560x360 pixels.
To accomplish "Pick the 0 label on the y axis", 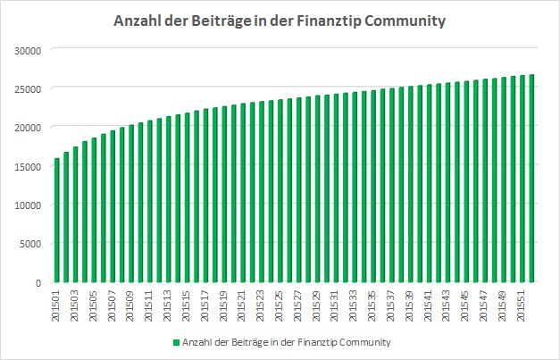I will coord(39,282).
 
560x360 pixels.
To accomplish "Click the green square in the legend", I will coord(177,342).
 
